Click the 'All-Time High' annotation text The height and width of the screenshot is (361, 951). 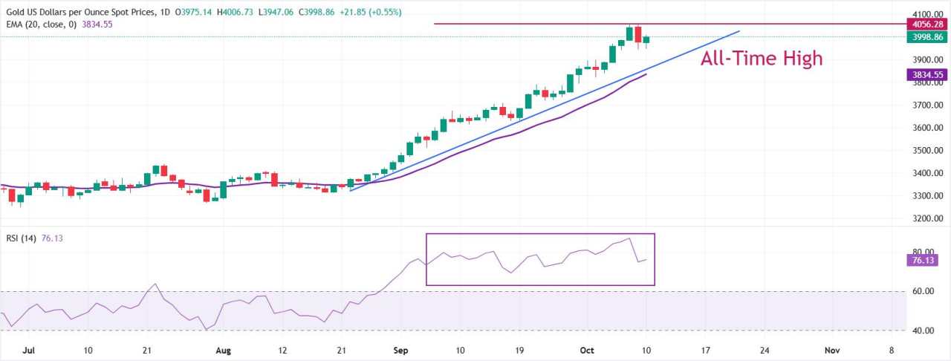(762, 58)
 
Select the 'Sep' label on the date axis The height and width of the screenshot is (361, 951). (402, 350)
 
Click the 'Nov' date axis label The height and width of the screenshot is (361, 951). (831, 350)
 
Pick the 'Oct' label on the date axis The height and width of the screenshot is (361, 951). (587, 350)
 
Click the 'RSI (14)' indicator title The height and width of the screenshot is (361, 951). (21, 238)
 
